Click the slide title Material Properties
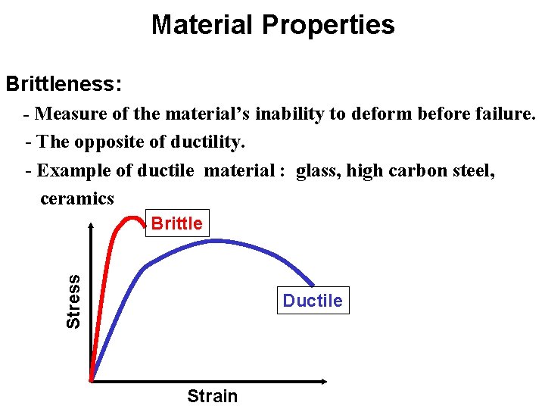point(272,25)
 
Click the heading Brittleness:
point(63,83)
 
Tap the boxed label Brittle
point(176,223)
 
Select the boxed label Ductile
point(312,301)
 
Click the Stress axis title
point(73,301)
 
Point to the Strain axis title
point(212,396)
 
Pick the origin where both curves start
point(92,380)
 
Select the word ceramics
point(77,198)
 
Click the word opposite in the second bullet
point(107,142)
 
